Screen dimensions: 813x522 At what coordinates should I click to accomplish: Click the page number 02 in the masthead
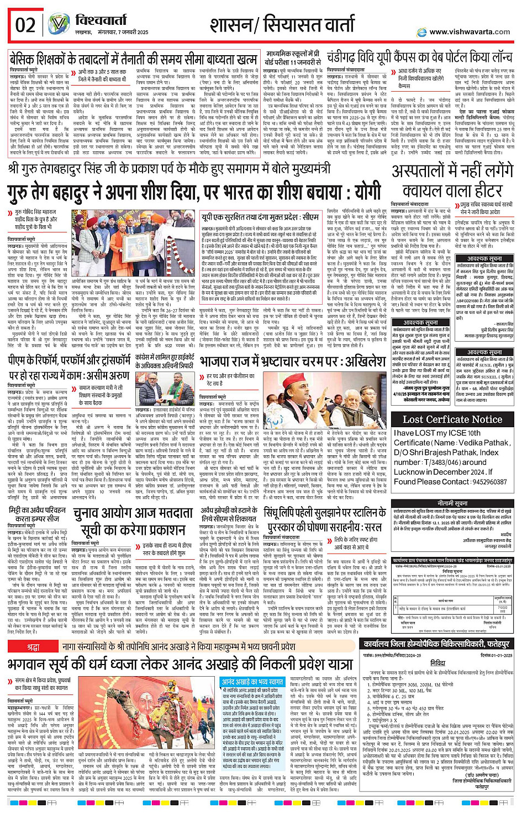point(25,25)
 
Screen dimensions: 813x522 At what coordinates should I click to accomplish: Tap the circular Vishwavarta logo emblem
point(57,24)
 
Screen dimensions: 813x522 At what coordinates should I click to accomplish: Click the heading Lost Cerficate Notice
point(452,419)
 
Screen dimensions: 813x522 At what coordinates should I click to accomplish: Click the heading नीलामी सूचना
point(452,504)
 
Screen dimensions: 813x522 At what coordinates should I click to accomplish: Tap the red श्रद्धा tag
point(33,646)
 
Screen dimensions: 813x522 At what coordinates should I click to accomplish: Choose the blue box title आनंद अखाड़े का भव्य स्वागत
point(252,682)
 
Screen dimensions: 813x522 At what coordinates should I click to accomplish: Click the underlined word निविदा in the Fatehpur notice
point(437,663)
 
